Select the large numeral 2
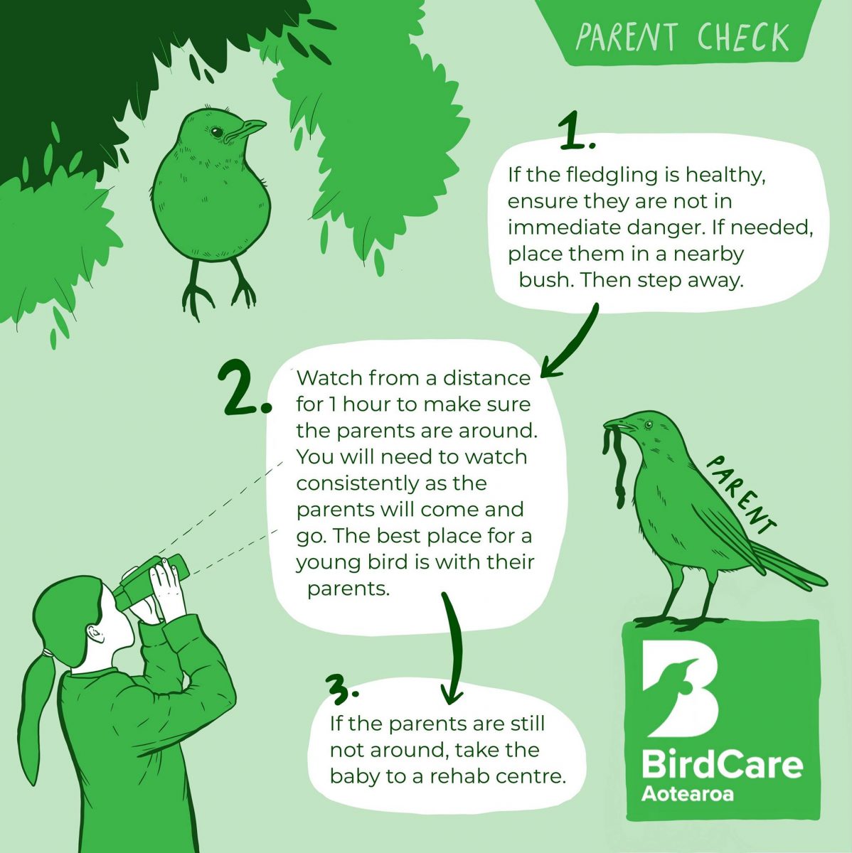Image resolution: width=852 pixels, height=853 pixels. [x=243, y=388]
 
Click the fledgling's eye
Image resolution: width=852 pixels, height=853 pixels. [x=214, y=132]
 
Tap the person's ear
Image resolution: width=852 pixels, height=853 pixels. [x=94, y=632]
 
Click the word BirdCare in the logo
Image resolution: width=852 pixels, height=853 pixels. [x=721, y=765]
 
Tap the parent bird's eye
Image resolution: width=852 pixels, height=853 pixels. [x=649, y=425]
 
